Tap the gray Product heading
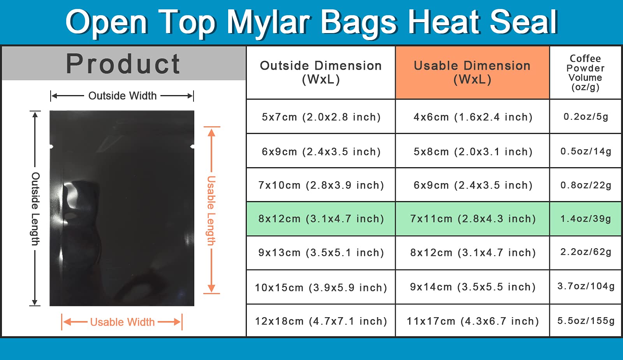click(123, 64)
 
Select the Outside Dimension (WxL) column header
click(321, 72)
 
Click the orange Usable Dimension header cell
click(472, 72)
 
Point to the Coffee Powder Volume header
click(586, 72)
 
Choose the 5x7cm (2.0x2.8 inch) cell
click(321, 117)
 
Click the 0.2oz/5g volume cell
click(586, 117)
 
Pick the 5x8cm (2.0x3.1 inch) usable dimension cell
click(472, 152)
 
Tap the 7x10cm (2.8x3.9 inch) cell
click(321, 185)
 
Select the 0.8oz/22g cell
click(586, 185)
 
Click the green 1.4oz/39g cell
click(586, 219)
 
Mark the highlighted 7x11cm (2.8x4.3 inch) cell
click(472, 219)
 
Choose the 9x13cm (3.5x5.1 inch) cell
click(321, 252)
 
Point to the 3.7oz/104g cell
click(586, 286)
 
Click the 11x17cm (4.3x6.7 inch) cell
click(472, 321)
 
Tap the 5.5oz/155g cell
click(586, 321)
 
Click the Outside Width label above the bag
click(122, 96)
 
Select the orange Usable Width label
click(122, 322)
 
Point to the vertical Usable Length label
click(211, 211)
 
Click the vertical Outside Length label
click(35, 209)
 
